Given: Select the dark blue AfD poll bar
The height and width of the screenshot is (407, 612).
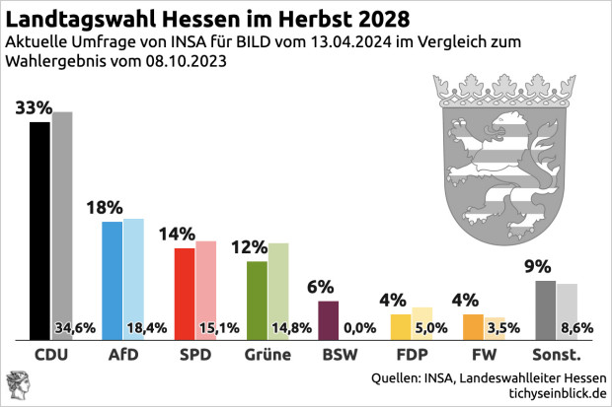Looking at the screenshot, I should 113,281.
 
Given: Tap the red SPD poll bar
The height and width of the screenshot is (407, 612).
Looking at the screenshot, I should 184,294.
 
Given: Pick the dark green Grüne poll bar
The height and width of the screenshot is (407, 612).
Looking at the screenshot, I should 257,301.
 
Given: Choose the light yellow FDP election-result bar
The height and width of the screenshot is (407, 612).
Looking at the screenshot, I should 422,323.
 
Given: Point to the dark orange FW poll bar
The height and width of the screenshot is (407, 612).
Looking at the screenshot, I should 473,327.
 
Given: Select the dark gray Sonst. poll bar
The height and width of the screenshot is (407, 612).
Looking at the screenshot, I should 544,310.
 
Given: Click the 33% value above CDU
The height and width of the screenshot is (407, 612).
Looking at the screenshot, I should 35,107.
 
